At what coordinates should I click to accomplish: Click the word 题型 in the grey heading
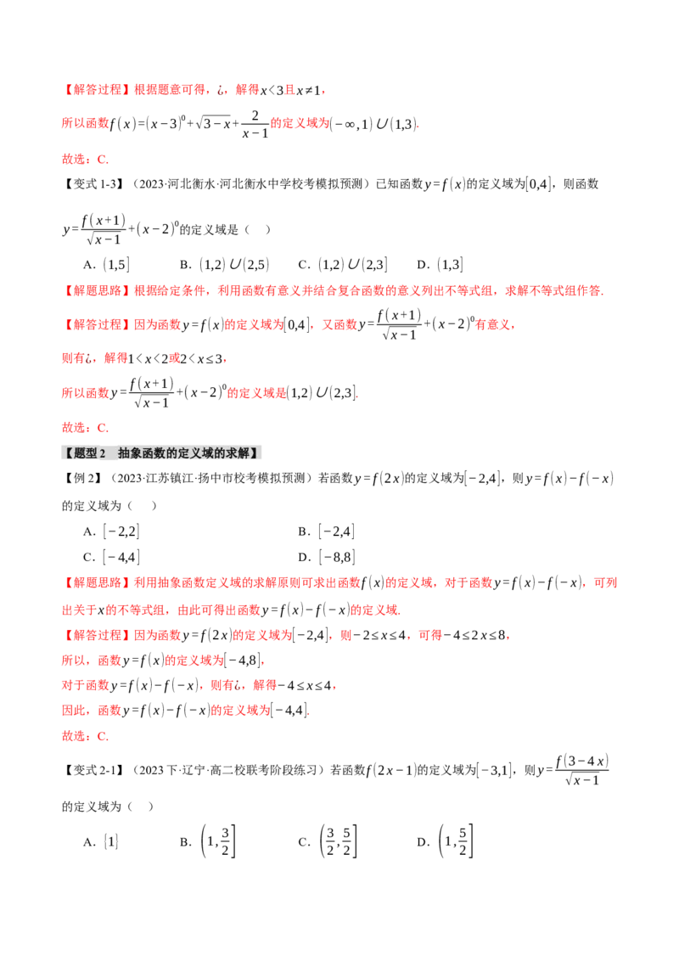coord(86,452)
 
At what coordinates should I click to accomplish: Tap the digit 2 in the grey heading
coord(103,452)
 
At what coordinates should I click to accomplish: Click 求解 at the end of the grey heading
coord(237,452)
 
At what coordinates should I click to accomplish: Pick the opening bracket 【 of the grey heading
coord(68,452)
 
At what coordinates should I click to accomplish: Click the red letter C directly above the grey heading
coord(103,428)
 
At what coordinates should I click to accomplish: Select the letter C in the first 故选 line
coord(103,159)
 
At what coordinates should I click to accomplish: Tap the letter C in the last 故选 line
coord(103,737)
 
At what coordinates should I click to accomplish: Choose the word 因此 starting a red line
coord(73,359)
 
